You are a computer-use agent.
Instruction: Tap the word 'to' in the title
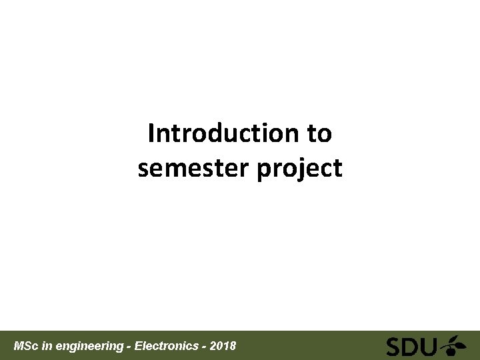[319, 133]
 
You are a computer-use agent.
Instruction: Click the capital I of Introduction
[151, 133]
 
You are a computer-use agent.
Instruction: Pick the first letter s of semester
[143, 169]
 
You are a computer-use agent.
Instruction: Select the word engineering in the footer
[90, 347]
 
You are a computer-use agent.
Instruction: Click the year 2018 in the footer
[223, 346]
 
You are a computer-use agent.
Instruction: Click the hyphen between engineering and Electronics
[129, 347]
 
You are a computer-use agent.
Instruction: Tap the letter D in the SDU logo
[412, 347]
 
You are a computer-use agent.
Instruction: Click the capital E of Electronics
[138, 346]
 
